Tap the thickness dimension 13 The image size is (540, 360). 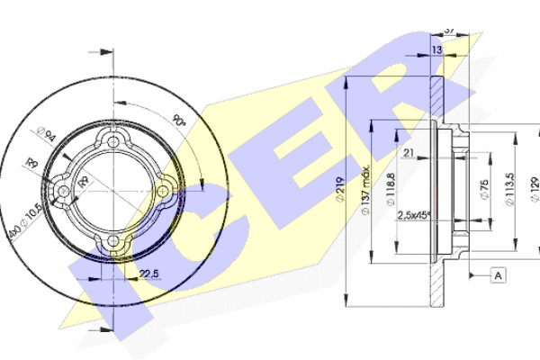point(436,49)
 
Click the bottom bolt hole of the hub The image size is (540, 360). point(113,240)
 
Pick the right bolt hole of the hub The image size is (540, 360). point(163,191)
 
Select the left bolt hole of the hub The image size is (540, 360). point(64,191)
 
